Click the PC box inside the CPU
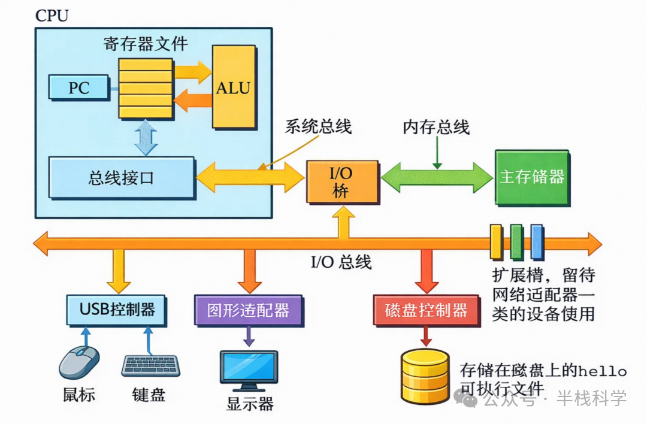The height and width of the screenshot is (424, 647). (x=78, y=87)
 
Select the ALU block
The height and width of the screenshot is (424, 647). (x=233, y=87)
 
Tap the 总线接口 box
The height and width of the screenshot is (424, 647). (x=122, y=178)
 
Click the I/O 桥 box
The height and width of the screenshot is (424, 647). (x=342, y=182)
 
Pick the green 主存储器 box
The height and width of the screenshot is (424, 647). (x=532, y=177)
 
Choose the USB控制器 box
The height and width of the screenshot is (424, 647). (x=116, y=309)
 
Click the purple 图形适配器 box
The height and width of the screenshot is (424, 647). (x=248, y=310)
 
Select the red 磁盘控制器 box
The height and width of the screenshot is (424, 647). (x=426, y=310)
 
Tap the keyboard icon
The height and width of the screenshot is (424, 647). (x=150, y=365)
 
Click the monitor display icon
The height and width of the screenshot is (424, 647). (x=249, y=367)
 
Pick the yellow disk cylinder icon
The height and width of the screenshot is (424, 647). (x=425, y=377)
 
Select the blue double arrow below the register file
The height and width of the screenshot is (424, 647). (x=146, y=137)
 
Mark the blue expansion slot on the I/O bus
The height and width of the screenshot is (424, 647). (x=536, y=241)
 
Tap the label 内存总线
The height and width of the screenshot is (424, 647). (x=436, y=127)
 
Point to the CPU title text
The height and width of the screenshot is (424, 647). (x=52, y=16)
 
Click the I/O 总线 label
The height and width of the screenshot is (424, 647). (x=341, y=262)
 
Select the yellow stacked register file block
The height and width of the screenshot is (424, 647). (x=145, y=88)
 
